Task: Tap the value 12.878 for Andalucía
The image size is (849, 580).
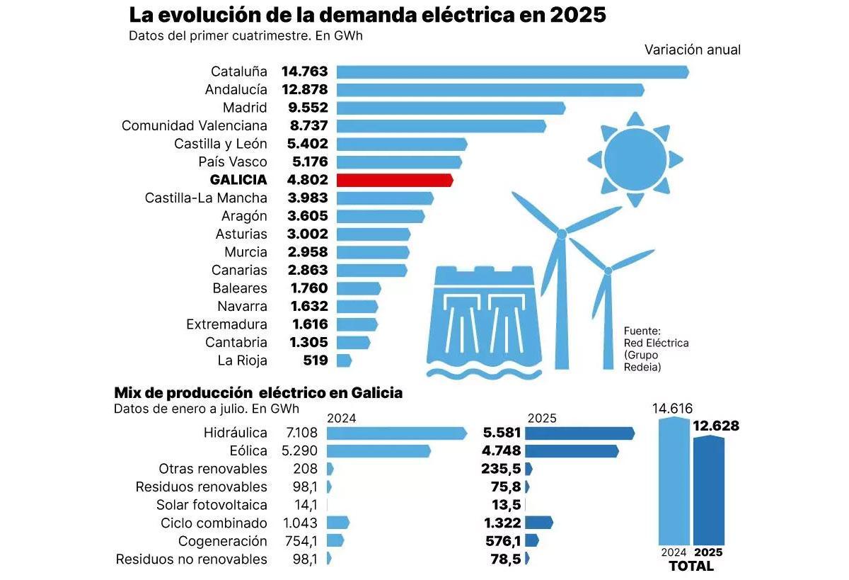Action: pos(304,90)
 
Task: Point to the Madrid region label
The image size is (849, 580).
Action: pos(245,108)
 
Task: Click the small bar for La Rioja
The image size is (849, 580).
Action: pos(344,360)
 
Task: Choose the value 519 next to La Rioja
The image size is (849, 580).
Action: pos(315,360)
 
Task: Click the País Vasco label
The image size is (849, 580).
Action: pos(233,162)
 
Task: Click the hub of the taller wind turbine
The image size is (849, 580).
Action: pos(561,233)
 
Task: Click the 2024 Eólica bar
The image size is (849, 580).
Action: pos(379,451)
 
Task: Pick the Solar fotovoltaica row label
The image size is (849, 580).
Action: pos(212,505)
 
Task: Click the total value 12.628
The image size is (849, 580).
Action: pos(716,426)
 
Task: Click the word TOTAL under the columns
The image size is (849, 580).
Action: pos(691,567)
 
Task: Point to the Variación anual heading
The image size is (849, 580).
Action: pos(692,50)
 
